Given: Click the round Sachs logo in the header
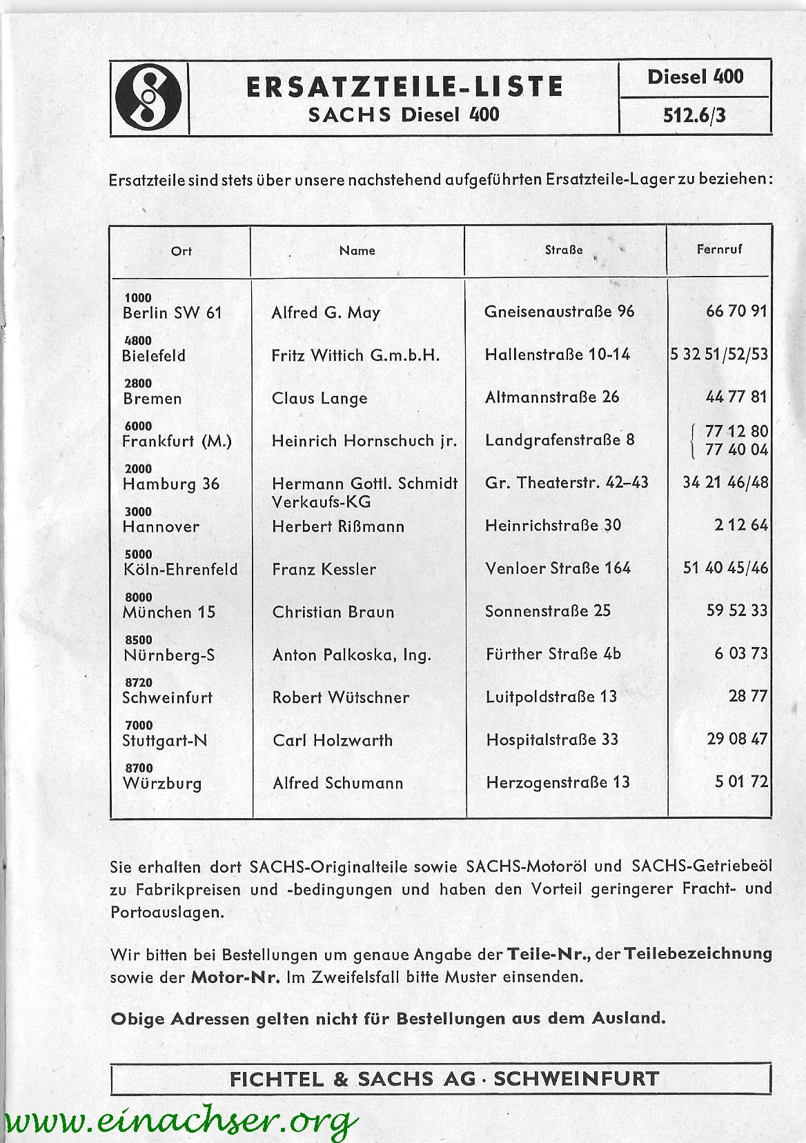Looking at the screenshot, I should [148, 97].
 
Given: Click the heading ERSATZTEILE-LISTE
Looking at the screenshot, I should [404, 87].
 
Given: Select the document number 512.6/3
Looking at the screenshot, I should [694, 115].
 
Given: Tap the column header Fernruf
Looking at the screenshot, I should [719, 249].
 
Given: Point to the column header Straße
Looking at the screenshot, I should [564, 250].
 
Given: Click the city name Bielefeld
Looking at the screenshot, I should [154, 356].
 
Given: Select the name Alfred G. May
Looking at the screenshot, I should [326, 312].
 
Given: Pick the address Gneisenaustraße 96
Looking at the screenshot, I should [559, 312].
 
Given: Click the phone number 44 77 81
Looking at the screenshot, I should [736, 397].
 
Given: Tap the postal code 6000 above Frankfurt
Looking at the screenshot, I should [138, 426].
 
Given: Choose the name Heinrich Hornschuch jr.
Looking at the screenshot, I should [364, 441].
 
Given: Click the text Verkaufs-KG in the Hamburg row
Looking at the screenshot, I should [321, 501].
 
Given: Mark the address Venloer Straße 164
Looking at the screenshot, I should [558, 568].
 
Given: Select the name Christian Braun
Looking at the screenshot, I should [333, 612].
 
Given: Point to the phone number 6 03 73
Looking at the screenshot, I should [740, 653].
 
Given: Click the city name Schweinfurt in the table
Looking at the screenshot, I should [168, 697].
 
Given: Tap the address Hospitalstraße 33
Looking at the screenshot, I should [552, 740].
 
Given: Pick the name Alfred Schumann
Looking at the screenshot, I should [337, 783].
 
